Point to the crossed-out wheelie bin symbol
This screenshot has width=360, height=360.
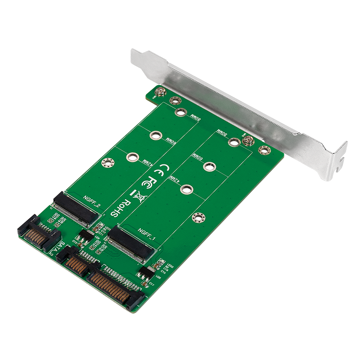click(x=138, y=196)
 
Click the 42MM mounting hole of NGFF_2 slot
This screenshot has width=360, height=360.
click(x=132, y=157)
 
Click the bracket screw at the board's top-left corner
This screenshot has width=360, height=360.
click(x=159, y=94)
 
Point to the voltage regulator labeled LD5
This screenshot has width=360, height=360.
click(x=146, y=272)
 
